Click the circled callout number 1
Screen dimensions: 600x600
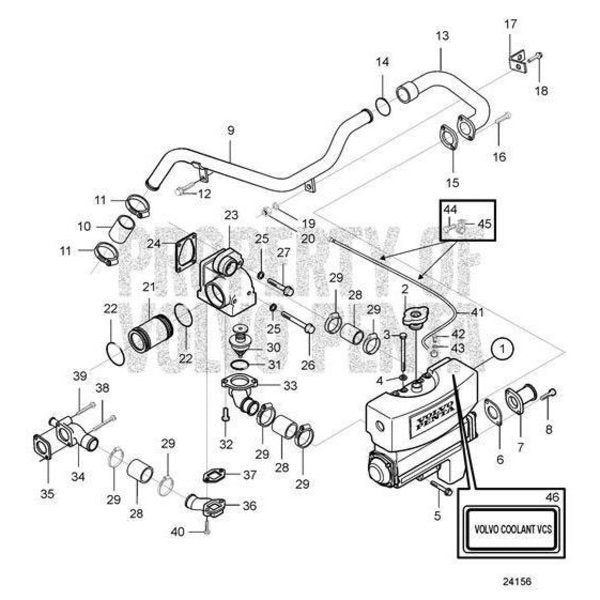coord(501,350)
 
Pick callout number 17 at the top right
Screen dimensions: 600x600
coord(511,23)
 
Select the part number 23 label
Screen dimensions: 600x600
coord(231,214)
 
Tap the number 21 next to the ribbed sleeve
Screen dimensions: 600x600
coord(149,287)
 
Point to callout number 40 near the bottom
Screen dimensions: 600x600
coord(176,531)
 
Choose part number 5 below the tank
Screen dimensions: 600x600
coord(436,516)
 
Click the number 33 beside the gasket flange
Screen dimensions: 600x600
coord(290,385)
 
